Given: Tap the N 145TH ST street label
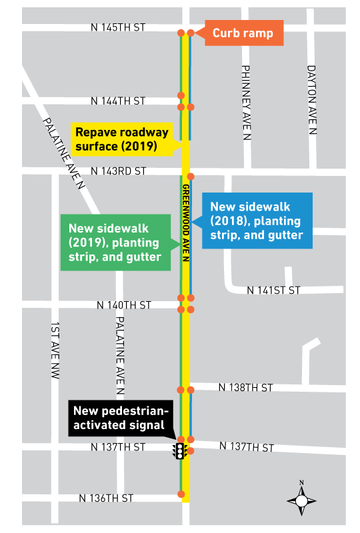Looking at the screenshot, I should (118, 28).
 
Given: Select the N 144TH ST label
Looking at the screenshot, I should (118, 101).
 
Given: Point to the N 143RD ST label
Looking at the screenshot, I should (118, 171).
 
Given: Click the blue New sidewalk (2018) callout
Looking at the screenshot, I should (257, 221).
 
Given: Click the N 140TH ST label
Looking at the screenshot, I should (124, 304).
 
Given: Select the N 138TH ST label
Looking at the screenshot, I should (246, 387).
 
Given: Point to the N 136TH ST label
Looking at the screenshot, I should (106, 498).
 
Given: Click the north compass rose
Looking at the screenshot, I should (301, 498).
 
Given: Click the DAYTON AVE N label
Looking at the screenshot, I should (311, 100).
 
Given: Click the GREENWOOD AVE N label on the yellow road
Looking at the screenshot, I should (186, 224).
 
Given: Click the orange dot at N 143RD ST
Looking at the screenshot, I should (191, 177).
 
